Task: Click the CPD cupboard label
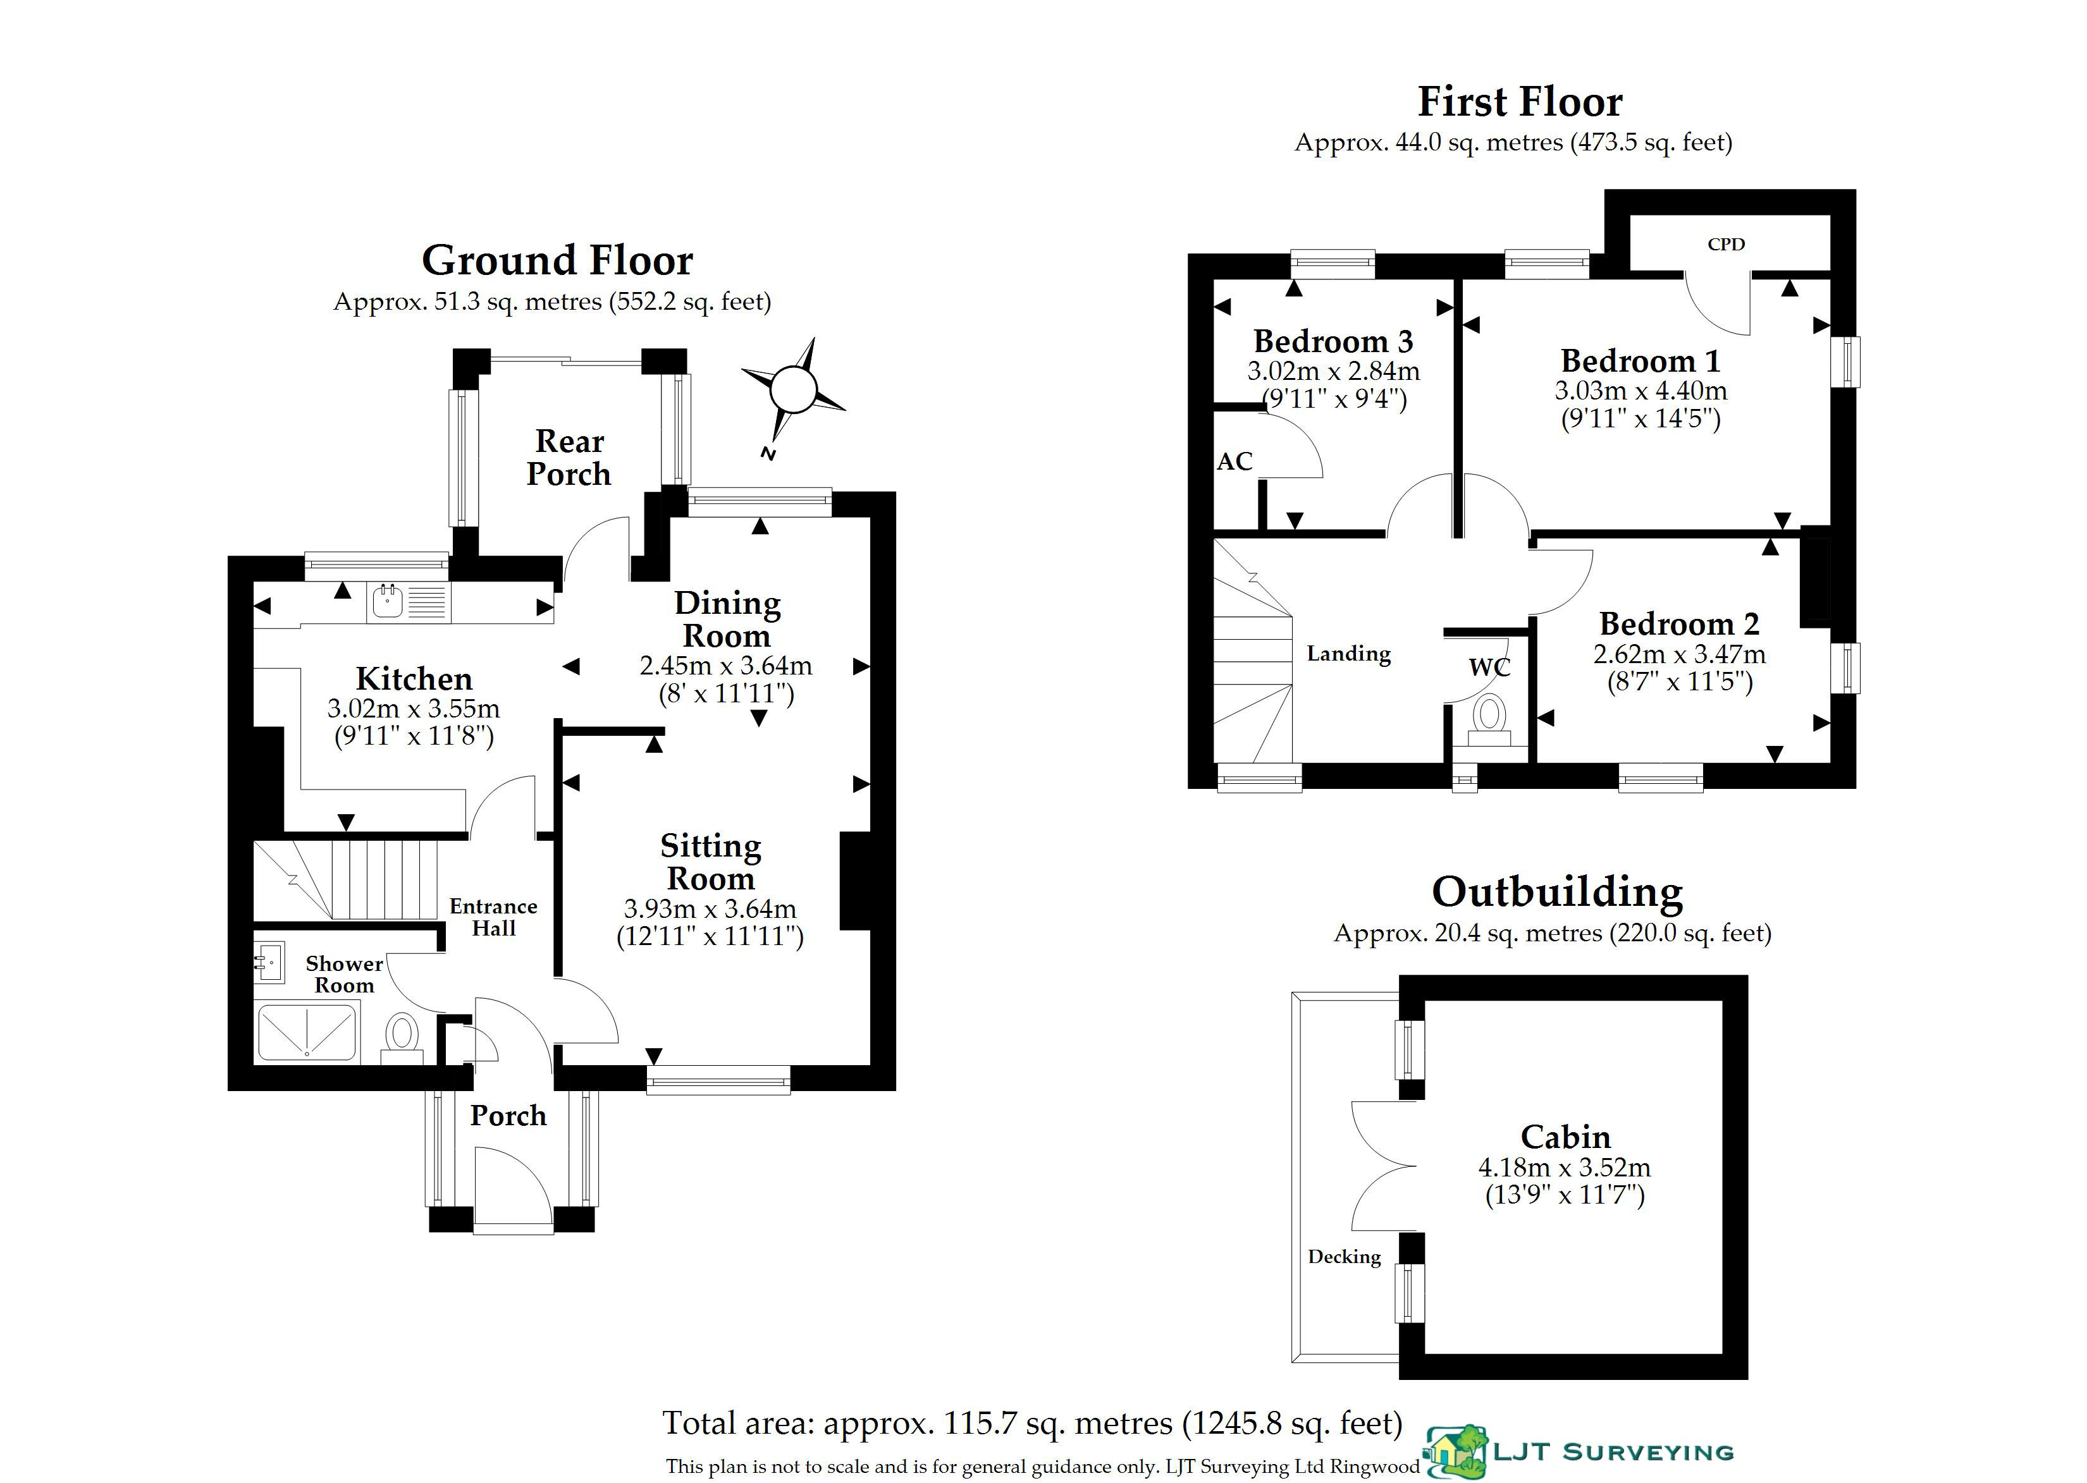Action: pos(1725,244)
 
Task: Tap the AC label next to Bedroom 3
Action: pos(1234,461)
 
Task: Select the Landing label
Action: pos(1348,654)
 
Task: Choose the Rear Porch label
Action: pos(569,458)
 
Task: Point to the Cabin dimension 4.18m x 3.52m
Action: pos(1565,1167)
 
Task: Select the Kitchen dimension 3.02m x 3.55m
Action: pos(414,709)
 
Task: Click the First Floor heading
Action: pos(1520,101)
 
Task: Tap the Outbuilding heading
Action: pos(1556,892)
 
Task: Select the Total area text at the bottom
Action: pos(1031,1423)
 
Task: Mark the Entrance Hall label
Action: pos(493,917)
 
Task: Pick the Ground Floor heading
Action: pos(557,260)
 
